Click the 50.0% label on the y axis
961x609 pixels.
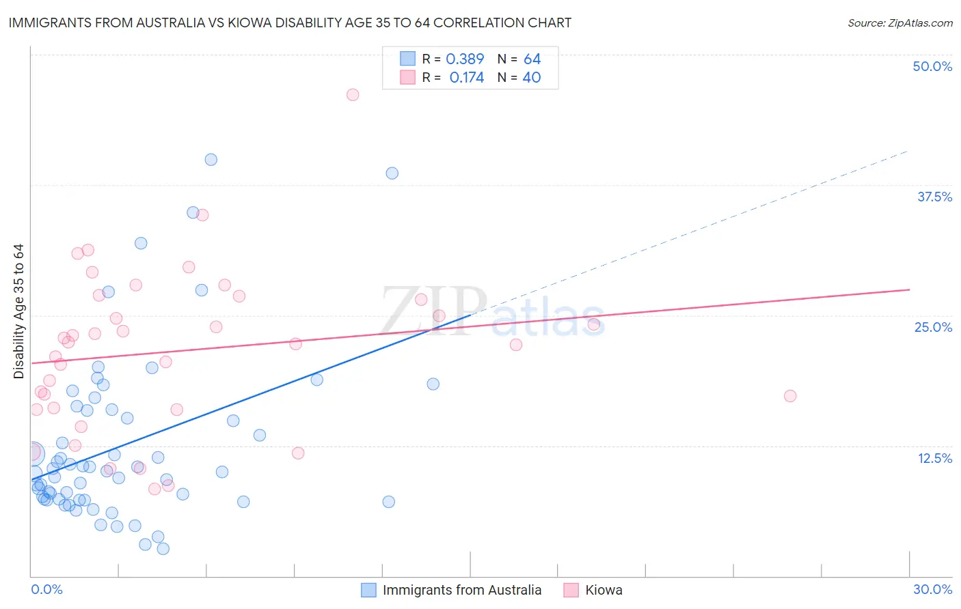tap(932, 66)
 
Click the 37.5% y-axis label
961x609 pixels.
tap(934, 197)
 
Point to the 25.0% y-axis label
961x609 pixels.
tap(933, 327)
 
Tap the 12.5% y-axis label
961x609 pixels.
tap(934, 458)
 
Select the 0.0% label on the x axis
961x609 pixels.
tap(46, 589)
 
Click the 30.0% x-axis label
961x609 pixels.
tap(932, 589)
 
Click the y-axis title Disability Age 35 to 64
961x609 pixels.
tap(18, 311)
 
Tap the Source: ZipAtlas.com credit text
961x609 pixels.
tap(899, 23)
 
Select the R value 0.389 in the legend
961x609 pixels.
tap(465, 59)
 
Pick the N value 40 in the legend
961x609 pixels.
tap(531, 78)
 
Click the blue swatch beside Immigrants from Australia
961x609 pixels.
tap(368, 590)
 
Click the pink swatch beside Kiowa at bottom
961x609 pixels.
tap(571, 590)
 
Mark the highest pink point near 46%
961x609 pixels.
tap(353, 95)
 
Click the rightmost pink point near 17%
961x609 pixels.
tap(790, 396)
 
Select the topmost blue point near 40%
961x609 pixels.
tap(211, 160)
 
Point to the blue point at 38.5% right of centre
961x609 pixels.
tap(392, 173)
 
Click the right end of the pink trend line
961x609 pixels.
tap(909, 289)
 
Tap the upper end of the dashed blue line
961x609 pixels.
tap(908, 151)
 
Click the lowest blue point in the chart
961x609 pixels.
tap(163, 548)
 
